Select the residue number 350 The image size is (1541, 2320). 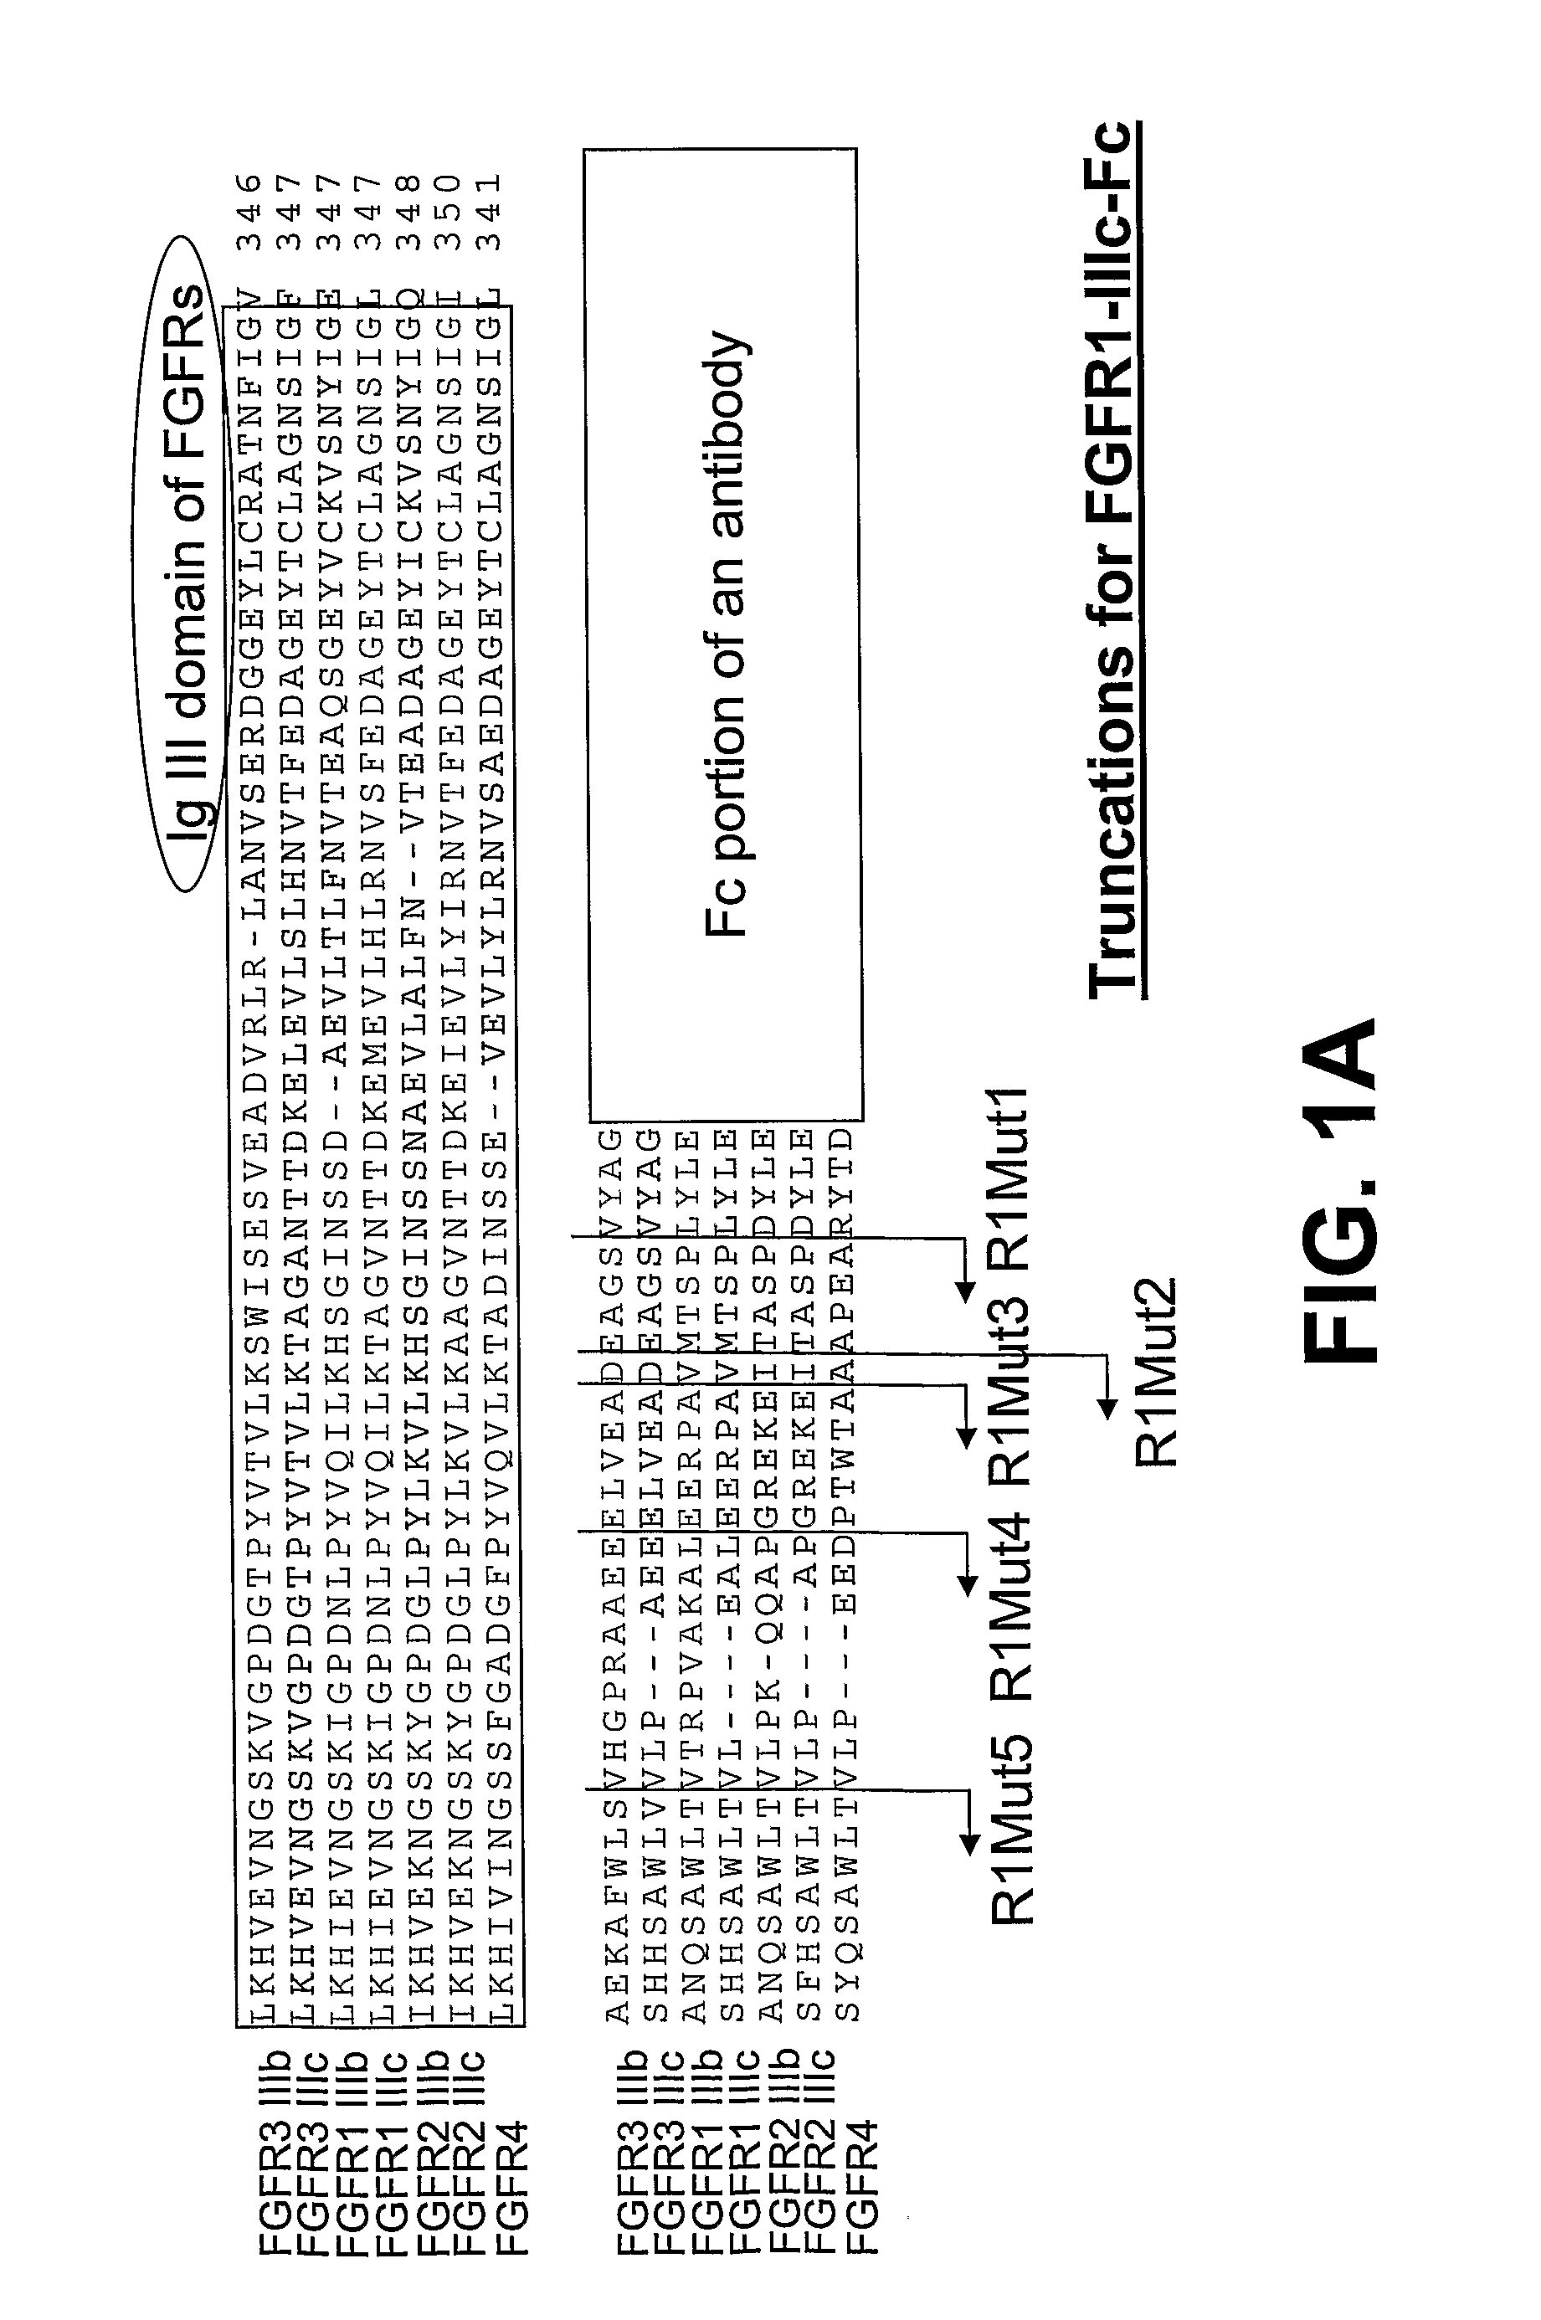tap(450, 211)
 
